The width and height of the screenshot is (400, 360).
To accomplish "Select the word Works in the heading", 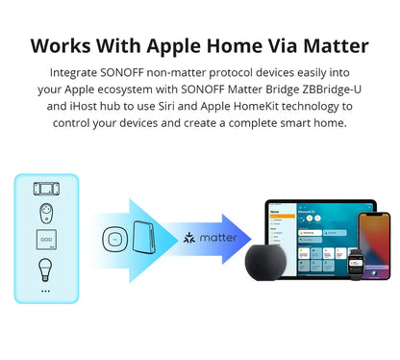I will pos(64,46).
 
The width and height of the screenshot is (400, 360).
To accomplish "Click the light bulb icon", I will pos(45,267).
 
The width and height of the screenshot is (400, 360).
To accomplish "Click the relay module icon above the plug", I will pos(45,188).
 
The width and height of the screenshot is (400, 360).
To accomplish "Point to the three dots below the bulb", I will pos(45,289).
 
